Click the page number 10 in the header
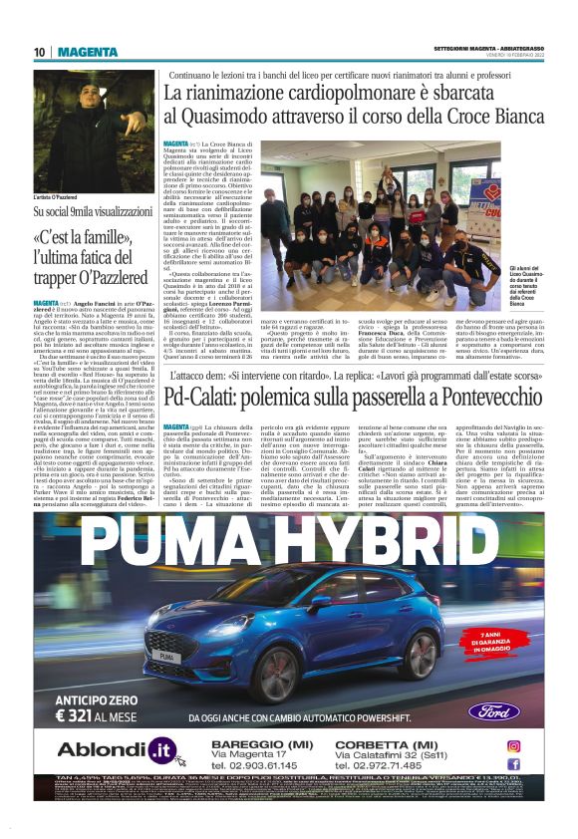40,52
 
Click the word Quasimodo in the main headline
226,117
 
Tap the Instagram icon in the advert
514,744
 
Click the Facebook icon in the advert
514,762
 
